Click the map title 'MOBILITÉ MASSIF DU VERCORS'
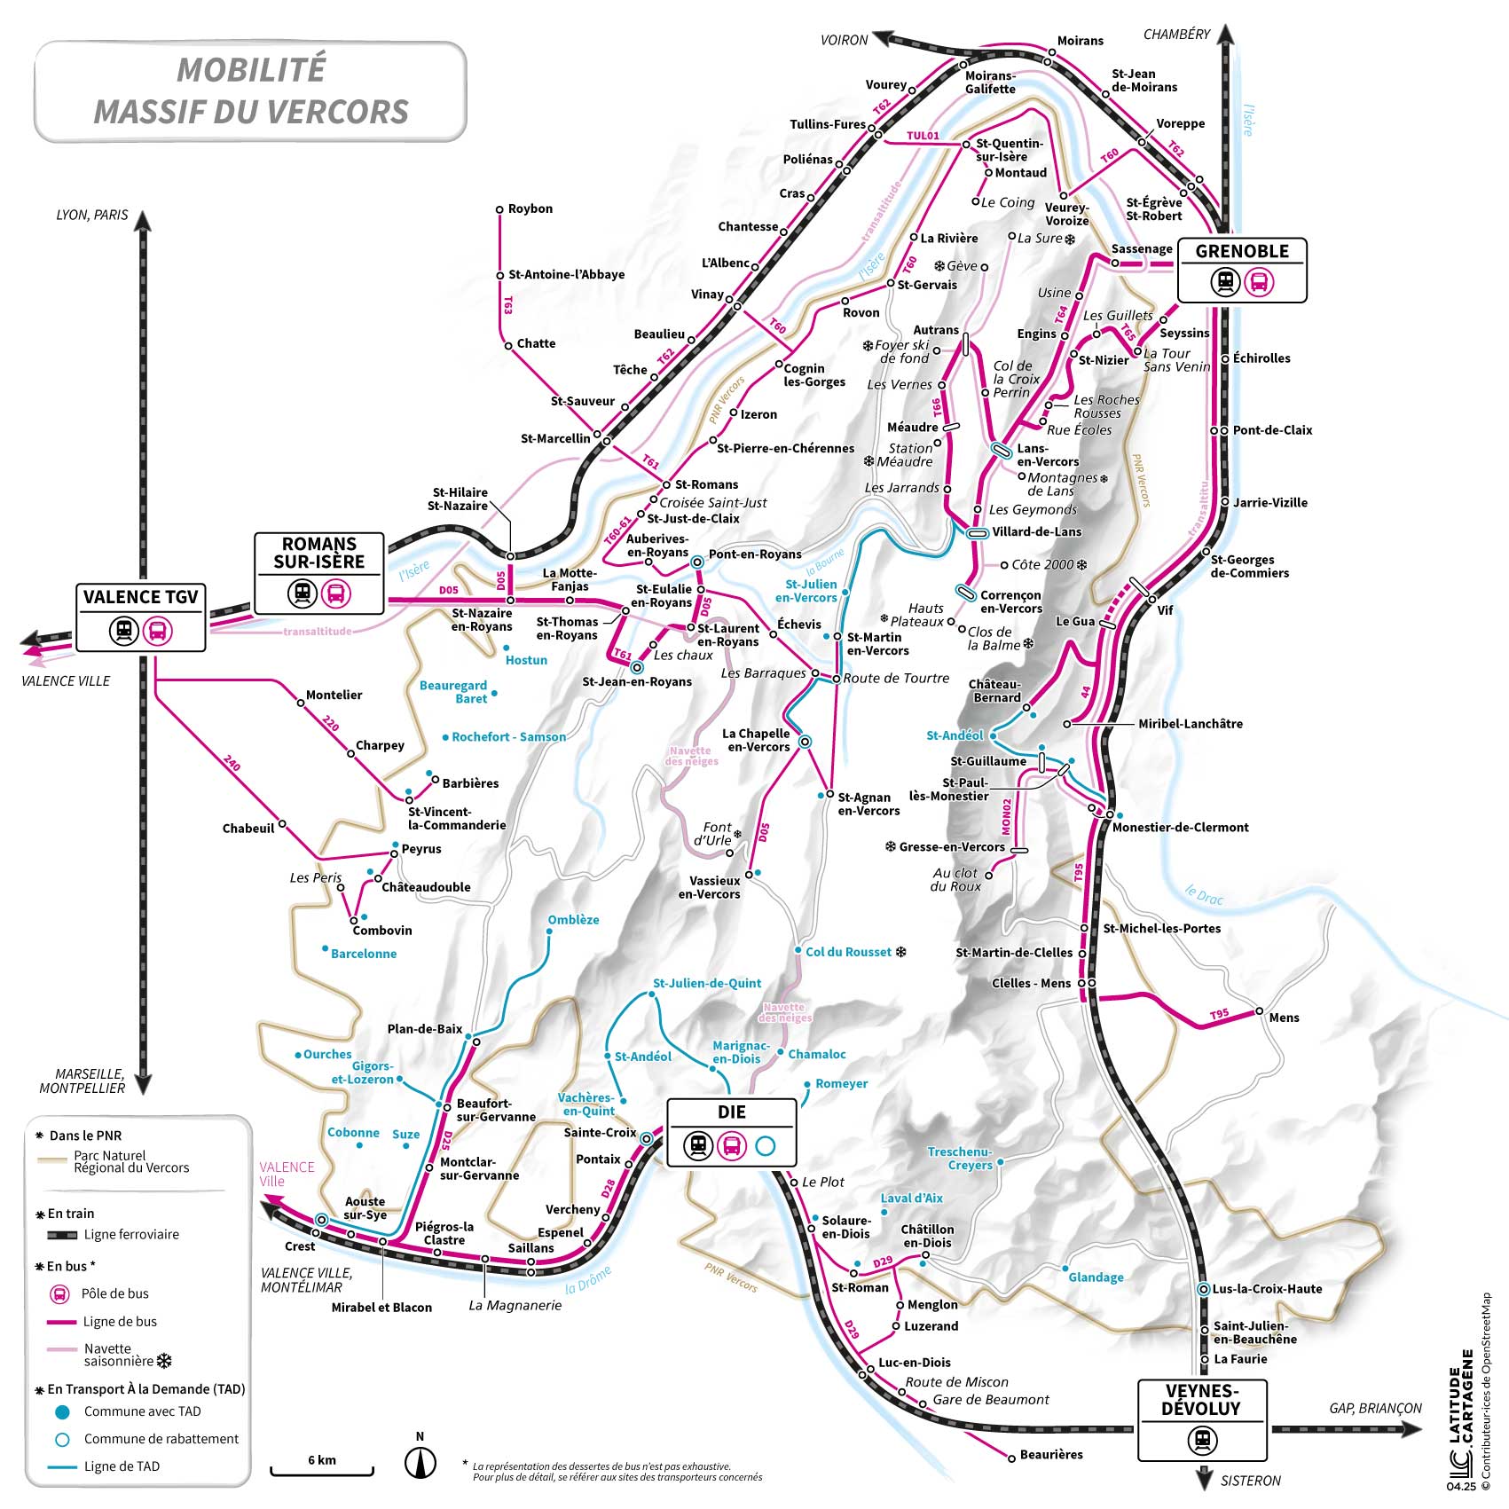tap(251, 91)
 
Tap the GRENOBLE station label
tap(1241, 252)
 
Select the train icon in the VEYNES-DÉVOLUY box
tap(1201, 1440)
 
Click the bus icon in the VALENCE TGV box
tap(158, 632)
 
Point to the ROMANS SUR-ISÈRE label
tap(319, 553)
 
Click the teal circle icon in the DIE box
tap(765, 1146)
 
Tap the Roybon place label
tap(530, 209)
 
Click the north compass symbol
tap(420, 1462)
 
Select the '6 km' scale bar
tap(322, 1465)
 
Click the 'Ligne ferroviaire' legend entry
tap(130, 1234)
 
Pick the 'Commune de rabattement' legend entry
tap(161, 1439)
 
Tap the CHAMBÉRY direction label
tap(1176, 35)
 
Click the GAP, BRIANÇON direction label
tap(1375, 1409)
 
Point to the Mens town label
tap(1284, 1018)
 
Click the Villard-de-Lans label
tap(1036, 532)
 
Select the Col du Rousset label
tap(848, 952)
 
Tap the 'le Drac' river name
tap(1204, 895)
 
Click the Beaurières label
tap(1051, 1455)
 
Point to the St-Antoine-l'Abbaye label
tap(566, 275)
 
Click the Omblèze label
tap(573, 920)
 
